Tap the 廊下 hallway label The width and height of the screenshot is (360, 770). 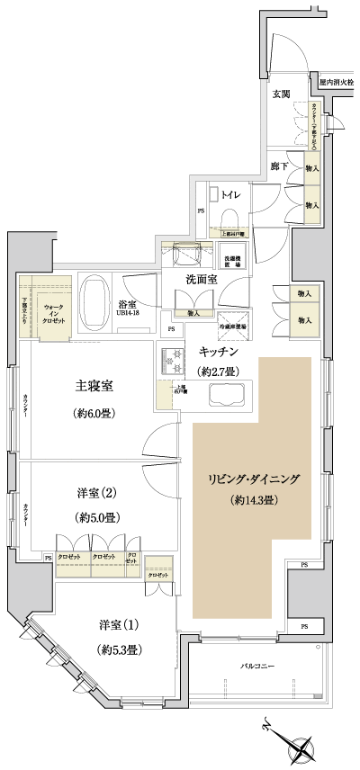point(280,166)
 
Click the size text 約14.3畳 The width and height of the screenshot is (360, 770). point(255,499)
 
